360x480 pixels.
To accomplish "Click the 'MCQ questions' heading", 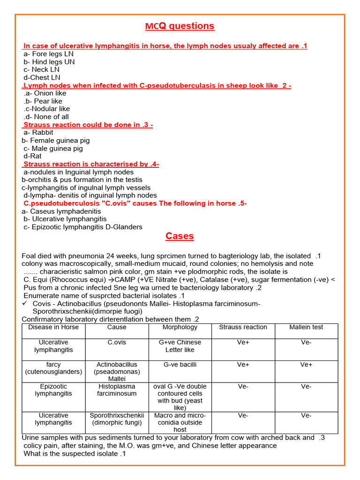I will (x=180, y=26).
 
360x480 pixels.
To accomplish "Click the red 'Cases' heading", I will (x=180, y=236).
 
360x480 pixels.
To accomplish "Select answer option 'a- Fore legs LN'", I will (x=48, y=54).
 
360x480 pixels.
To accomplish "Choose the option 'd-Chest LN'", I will (x=42, y=77).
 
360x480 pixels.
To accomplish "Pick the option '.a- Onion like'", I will (x=45, y=93).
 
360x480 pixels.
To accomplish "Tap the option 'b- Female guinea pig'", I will (x=55, y=140).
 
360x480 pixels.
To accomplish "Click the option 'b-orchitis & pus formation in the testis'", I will (x=82, y=180).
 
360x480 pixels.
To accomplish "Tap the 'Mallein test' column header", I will (x=306, y=327).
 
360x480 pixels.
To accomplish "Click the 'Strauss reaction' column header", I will (x=243, y=327).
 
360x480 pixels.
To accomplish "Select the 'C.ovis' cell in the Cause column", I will (x=117, y=343).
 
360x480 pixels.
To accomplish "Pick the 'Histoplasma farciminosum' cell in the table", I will (x=117, y=390).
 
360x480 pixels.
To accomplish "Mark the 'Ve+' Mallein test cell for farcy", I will (x=306, y=364).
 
